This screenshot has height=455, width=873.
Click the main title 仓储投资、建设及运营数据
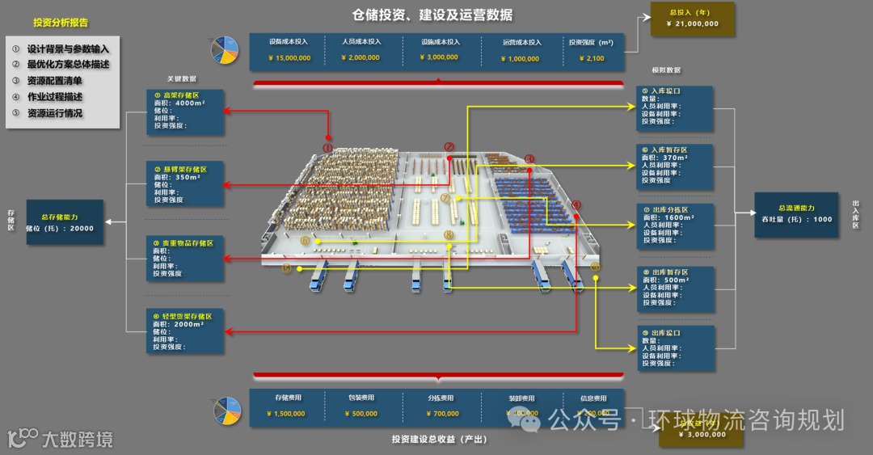(432, 15)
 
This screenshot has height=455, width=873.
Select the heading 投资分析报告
(61, 23)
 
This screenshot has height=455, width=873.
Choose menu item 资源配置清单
(54, 80)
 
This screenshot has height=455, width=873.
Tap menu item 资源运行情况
(54, 113)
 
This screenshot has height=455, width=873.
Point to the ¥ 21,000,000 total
(693, 24)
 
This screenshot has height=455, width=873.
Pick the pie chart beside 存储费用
(227, 411)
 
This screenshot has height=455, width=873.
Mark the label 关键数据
(182, 78)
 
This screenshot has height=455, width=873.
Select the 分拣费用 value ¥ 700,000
(441, 414)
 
